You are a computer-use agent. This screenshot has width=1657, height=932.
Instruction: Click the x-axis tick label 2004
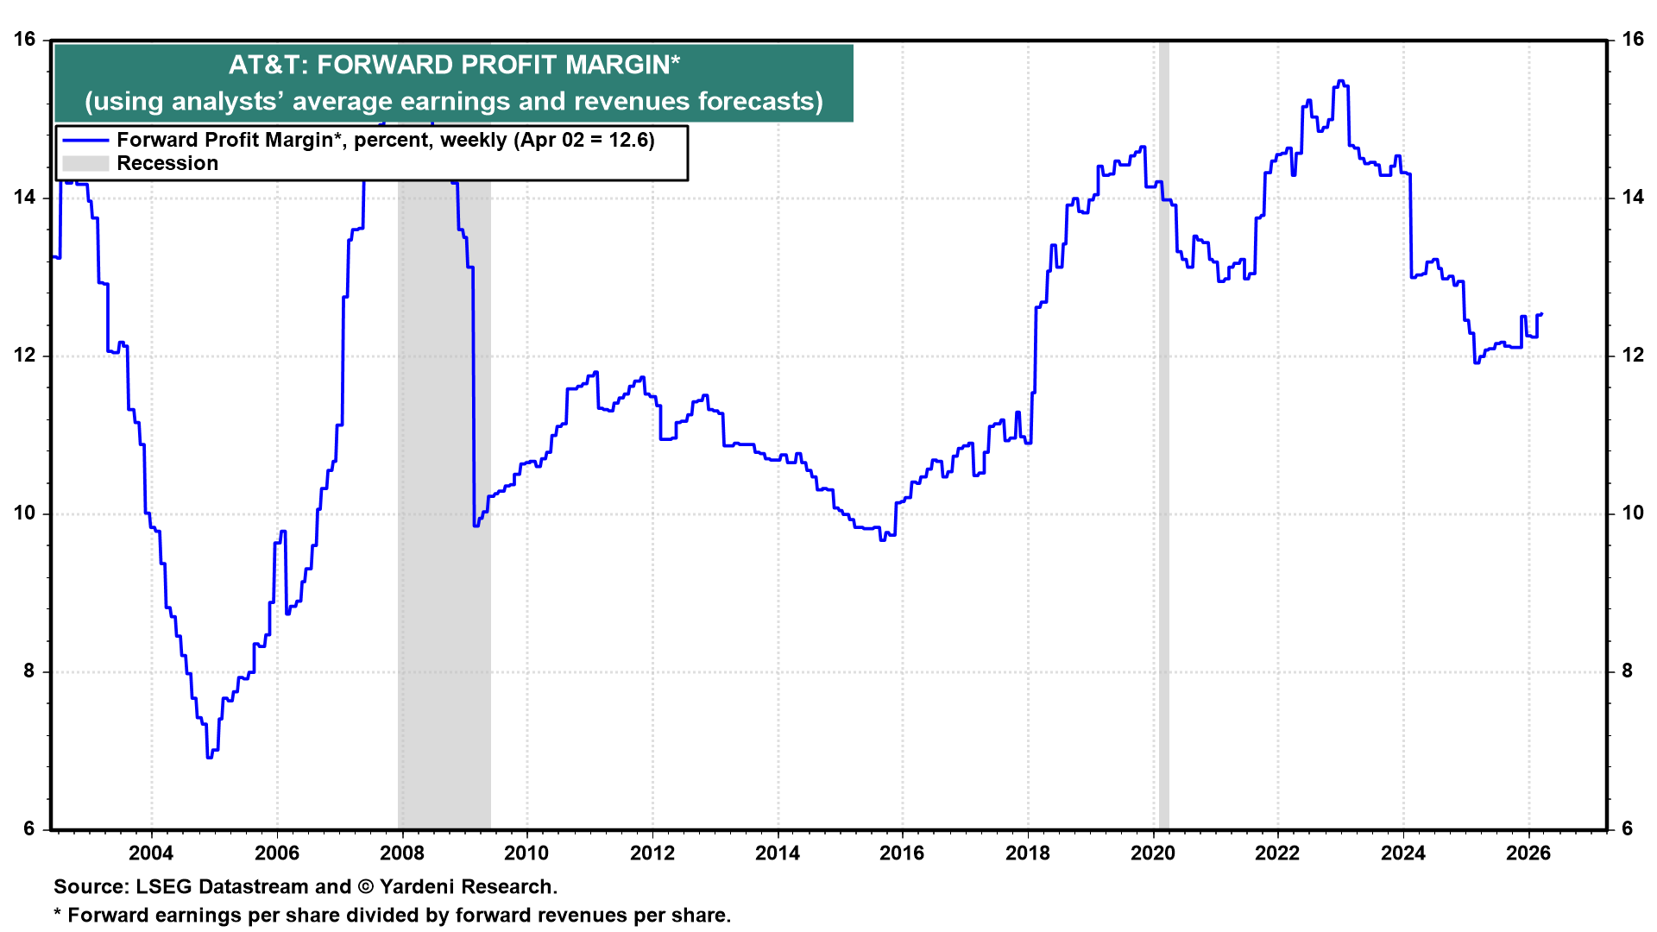point(151,853)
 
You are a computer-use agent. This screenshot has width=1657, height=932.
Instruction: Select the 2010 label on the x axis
point(526,853)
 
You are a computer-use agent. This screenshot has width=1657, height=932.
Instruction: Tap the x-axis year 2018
point(1028,853)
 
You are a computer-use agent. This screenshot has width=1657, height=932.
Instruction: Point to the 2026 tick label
point(1528,853)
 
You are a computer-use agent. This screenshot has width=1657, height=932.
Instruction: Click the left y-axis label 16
point(24,40)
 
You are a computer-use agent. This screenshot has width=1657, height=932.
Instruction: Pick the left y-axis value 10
point(24,513)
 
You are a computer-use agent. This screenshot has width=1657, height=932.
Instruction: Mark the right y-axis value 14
point(1632,198)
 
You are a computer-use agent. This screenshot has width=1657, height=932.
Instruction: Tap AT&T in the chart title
point(266,66)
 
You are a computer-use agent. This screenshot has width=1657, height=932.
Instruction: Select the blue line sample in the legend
point(85,141)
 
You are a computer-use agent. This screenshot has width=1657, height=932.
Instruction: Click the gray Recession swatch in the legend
point(85,164)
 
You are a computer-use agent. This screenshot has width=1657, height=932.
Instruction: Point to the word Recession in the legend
point(167,164)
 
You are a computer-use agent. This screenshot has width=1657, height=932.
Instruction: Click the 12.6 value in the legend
point(628,141)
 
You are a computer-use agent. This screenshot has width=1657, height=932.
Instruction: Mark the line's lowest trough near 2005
point(209,757)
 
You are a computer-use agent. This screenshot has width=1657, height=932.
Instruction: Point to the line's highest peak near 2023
point(1340,81)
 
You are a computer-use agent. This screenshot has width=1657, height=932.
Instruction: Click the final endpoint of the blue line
point(1541,314)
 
